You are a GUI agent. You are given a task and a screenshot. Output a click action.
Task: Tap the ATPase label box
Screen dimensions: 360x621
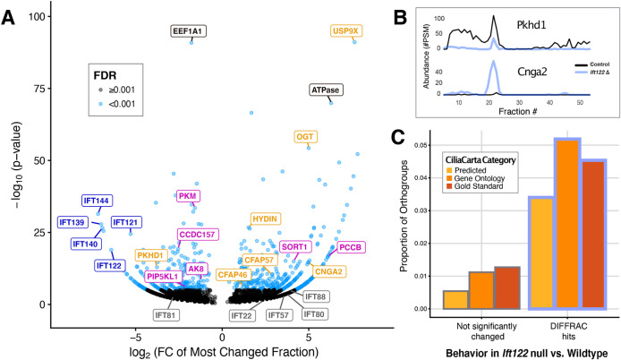click(x=328, y=90)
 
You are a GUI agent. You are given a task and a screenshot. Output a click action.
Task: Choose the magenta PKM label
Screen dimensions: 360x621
click(x=188, y=195)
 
